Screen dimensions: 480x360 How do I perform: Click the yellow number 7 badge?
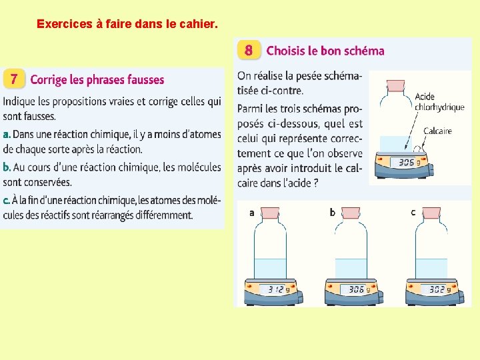pos(14,79)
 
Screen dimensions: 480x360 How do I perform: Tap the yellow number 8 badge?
pos(249,50)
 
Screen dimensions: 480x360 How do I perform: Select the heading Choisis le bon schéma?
pos(325,51)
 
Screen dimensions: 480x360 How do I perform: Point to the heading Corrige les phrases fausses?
pos(97,79)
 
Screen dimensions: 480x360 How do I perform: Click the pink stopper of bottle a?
pos(270,213)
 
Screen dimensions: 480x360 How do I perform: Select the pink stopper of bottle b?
pos(351,213)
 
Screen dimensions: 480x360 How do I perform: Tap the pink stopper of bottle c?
pos(431,213)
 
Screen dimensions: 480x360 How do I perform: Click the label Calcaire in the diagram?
pos(437,131)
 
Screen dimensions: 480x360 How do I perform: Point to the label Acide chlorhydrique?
pos(439,102)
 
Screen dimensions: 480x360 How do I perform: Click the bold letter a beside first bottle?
pos(251,213)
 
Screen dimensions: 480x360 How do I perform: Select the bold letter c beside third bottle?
pos(413,213)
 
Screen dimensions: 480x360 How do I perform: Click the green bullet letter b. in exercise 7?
pos(7,167)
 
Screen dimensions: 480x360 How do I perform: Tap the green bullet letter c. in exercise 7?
pos(6,201)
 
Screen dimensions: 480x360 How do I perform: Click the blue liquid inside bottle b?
pos(351,269)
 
